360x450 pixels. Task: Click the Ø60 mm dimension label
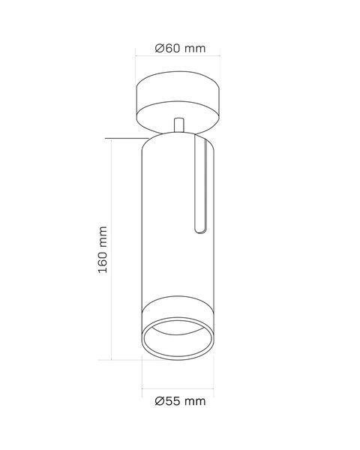pyautogui.click(x=180, y=48)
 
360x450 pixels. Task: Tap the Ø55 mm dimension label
pyautogui.click(x=180, y=401)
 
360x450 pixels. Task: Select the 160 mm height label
pyautogui.click(x=103, y=250)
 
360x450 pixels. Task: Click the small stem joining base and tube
pyautogui.click(x=178, y=124)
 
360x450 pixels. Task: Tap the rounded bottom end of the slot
pyautogui.click(x=200, y=231)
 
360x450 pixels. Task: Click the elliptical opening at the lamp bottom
pyautogui.click(x=178, y=339)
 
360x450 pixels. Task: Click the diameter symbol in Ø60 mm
pyautogui.click(x=159, y=48)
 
